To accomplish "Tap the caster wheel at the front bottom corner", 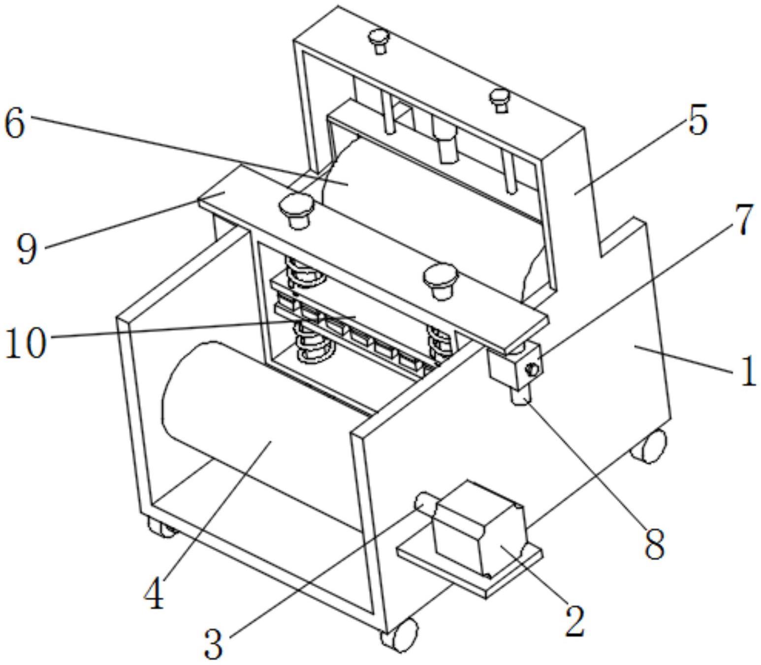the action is click(399, 639).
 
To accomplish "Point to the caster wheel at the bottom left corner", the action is click(160, 529).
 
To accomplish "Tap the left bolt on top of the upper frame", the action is click(378, 41).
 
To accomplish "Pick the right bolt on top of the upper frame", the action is click(500, 100).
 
